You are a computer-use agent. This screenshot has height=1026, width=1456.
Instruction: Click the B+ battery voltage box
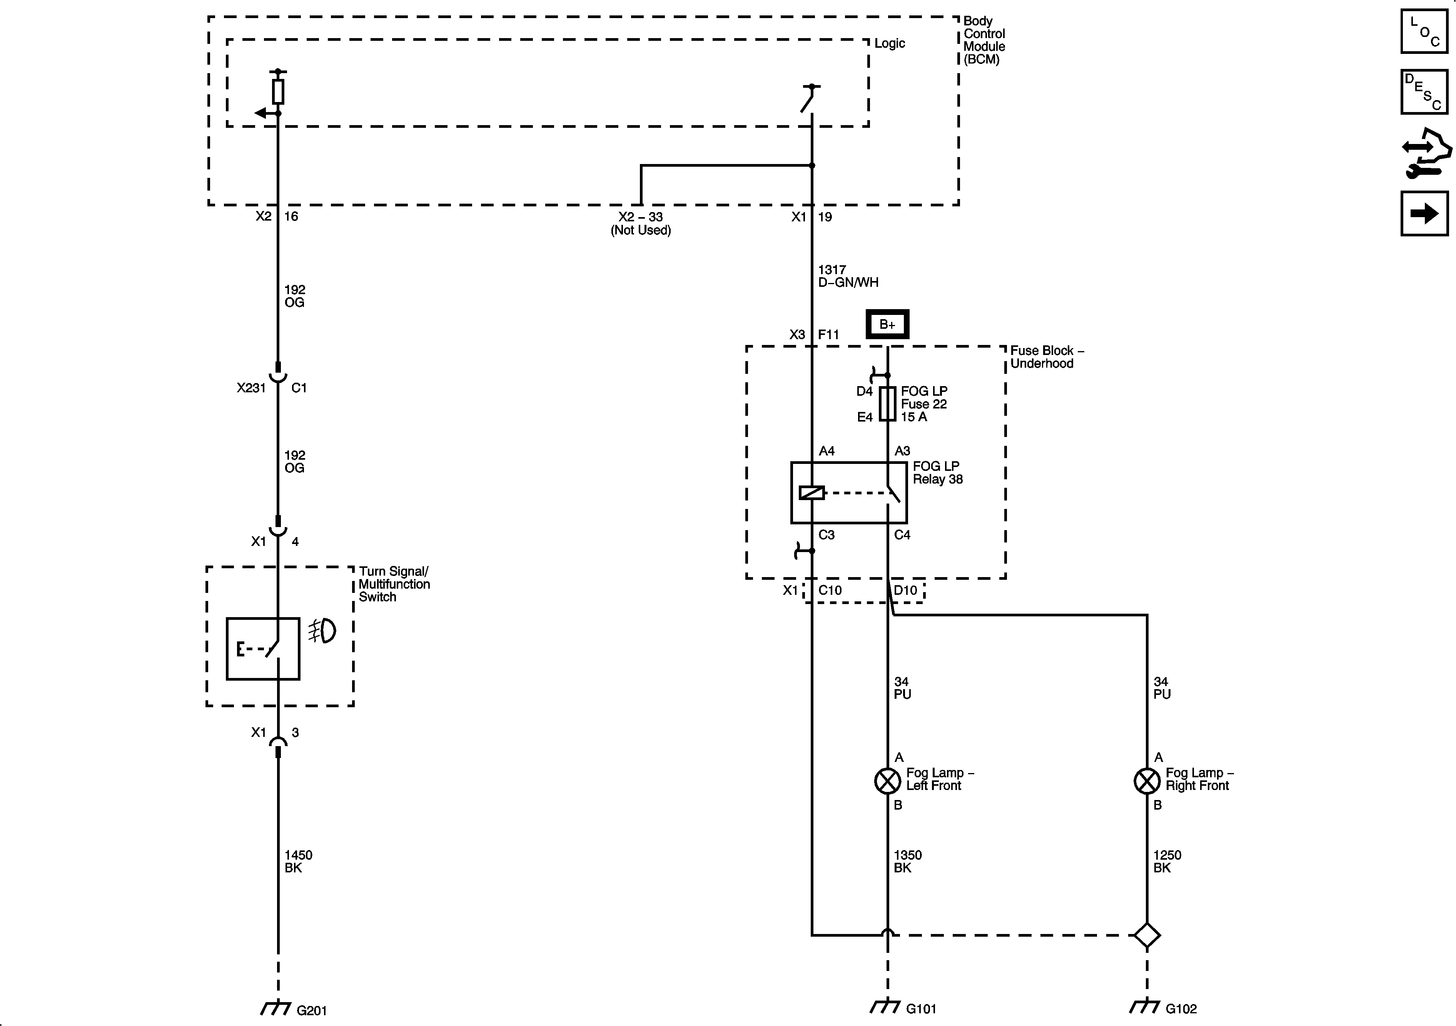click(887, 324)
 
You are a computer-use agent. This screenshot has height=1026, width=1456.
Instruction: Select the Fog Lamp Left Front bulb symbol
click(887, 781)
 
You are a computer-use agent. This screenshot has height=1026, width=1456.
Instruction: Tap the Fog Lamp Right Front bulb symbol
click(1147, 781)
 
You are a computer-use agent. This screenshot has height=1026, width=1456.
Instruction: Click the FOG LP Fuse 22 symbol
click(888, 404)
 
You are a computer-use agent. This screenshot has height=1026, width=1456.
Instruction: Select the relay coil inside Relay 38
click(812, 492)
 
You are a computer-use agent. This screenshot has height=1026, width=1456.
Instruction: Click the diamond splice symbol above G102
click(1147, 935)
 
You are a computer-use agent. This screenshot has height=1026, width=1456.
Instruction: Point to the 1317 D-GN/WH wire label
click(848, 276)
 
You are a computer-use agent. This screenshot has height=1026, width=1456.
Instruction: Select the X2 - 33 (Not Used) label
click(641, 223)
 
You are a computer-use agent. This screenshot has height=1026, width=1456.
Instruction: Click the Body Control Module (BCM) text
click(983, 40)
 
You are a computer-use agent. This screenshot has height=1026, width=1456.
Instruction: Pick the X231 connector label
click(251, 388)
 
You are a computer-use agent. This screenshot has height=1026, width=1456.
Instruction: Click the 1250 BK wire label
click(1166, 861)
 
